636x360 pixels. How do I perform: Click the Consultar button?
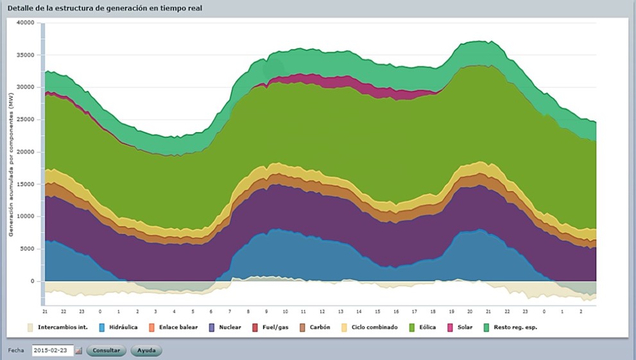coord(106,351)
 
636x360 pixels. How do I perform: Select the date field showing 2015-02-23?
coord(53,351)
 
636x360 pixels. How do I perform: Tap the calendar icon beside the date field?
coord(78,351)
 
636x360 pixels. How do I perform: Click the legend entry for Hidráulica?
coord(119,327)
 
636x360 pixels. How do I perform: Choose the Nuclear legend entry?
coord(225,327)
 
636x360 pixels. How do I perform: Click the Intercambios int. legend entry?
coord(58,327)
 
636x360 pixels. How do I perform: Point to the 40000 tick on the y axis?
coord(25,22)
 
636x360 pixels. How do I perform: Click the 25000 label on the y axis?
coord(25,119)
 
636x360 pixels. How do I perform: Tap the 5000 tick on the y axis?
coord(27,249)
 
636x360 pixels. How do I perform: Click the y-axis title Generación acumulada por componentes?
coord(11,164)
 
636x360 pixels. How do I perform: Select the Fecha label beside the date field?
coord(15,351)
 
